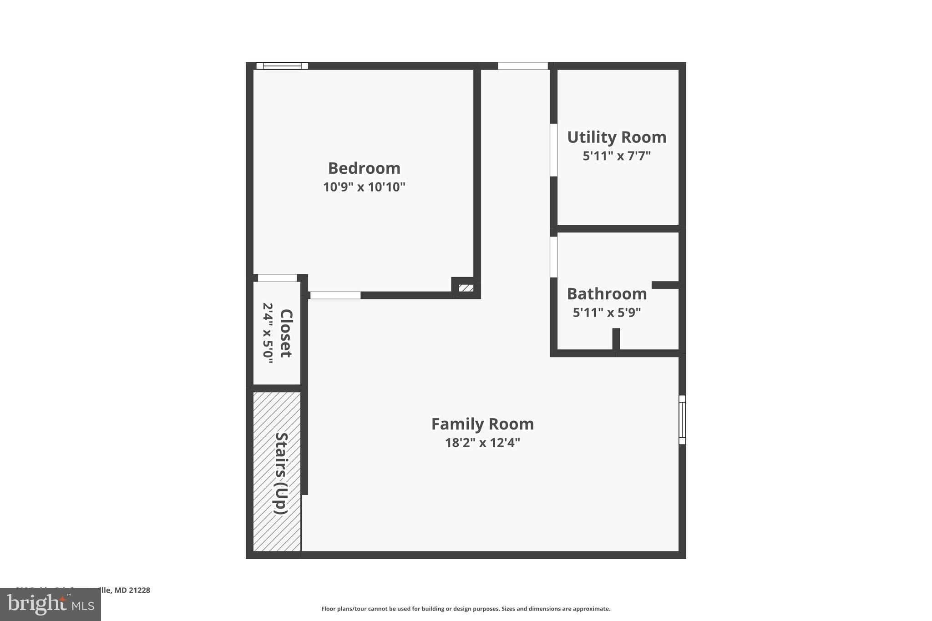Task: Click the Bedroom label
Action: [x=364, y=168]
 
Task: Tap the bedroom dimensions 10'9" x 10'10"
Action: [x=364, y=187]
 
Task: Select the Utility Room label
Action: [x=617, y=137]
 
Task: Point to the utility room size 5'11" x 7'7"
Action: [x=617, y=156]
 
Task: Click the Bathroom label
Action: [x=607, y=294]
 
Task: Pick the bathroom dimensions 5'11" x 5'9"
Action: [x=607, y=313]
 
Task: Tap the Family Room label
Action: [x=482, y=424]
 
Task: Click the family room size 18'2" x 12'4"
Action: [x=482, y=443]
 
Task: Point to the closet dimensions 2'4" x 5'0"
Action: [x=268, y=333]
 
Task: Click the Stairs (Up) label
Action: [x=281, y=473]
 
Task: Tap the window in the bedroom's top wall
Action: [x=282, y=66]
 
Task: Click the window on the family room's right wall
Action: [x=682, y=419]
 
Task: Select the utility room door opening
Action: [x=553, y=150]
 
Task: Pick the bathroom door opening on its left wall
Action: [x=553, y=257]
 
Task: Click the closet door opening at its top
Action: [x=277, y=278]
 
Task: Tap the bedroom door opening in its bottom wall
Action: [x=335, y=295]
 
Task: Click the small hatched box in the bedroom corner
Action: [x=466, y=288]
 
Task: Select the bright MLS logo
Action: [x=51, y=604]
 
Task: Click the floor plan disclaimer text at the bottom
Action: [x=466, y=609]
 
